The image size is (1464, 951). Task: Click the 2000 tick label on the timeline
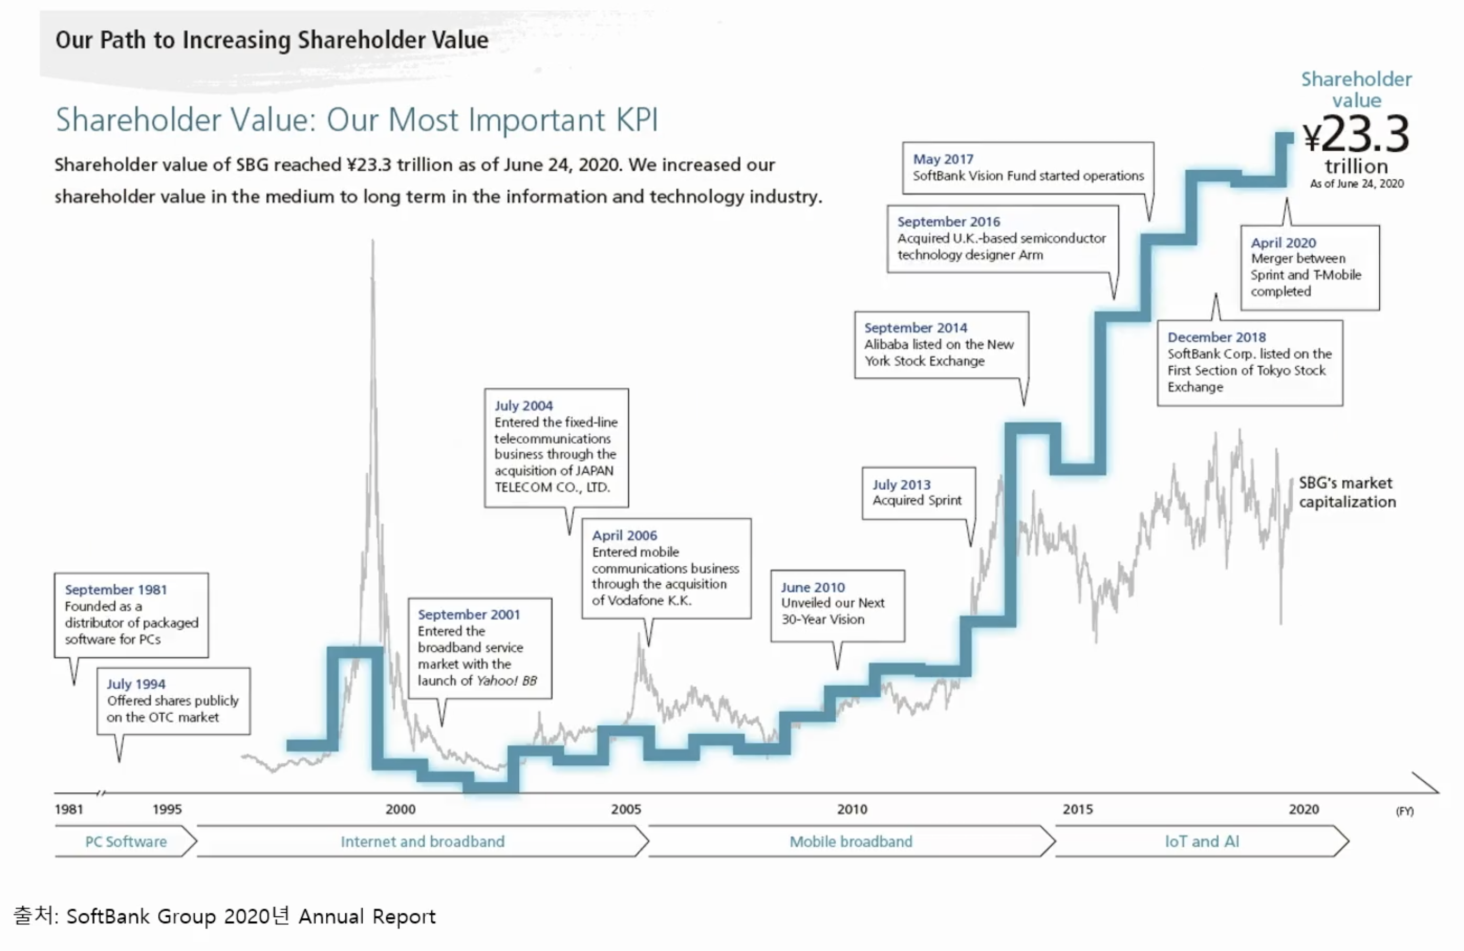click(x=401, y=809)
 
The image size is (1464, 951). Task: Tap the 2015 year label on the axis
click(x=1078, y=809)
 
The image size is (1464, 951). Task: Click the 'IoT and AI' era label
click(x=1202, y=841)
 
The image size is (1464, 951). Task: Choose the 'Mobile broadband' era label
click(x=851, y=841)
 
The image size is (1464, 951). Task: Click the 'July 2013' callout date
click(x=901, y=485)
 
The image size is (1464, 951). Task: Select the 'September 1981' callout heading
click(x=116, y=589)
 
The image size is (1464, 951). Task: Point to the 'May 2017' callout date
click(x=943, y=159)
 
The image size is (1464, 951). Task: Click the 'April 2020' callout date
click(x=1283, y=243)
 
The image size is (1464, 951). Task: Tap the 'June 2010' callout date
click(x=812, y=587)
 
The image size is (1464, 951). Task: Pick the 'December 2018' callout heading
click(x=1216, y=337)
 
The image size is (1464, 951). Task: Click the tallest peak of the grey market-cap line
click(x=373, y=243)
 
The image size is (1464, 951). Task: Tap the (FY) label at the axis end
click(x=1404, y=811)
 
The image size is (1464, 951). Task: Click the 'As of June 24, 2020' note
click(x=1356, y=184)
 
